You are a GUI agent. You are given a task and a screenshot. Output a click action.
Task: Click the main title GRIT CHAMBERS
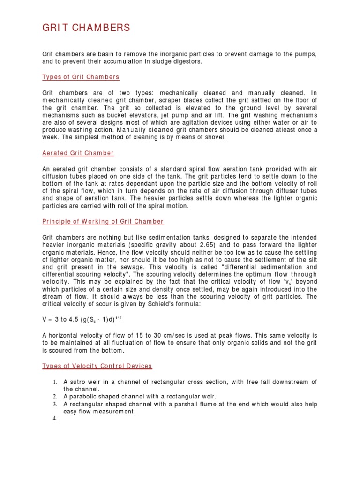point(86,29)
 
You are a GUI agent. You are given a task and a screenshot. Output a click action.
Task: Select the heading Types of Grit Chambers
point(81,77)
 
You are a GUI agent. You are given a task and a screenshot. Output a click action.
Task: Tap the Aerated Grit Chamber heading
point(78,153)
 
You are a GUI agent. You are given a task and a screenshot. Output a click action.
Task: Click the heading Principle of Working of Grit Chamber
point(103,221)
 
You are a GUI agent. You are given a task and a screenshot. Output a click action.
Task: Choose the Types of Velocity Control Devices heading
point(97,366)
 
